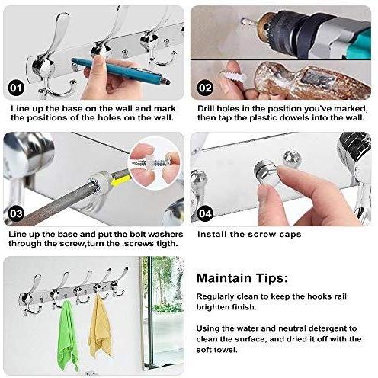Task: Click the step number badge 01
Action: tap(16, 88)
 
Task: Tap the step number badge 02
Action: tap(205, 88)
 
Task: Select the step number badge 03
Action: tap(16, 213)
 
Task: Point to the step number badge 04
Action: tap(205, 213)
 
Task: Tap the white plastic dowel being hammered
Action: tap(232, 75)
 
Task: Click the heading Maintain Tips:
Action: tap(242, 278)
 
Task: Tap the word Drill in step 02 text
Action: tap(206, 108)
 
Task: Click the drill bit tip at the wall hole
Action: tap(243, 21)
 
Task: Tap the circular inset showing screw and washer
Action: tap(155, 163)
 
